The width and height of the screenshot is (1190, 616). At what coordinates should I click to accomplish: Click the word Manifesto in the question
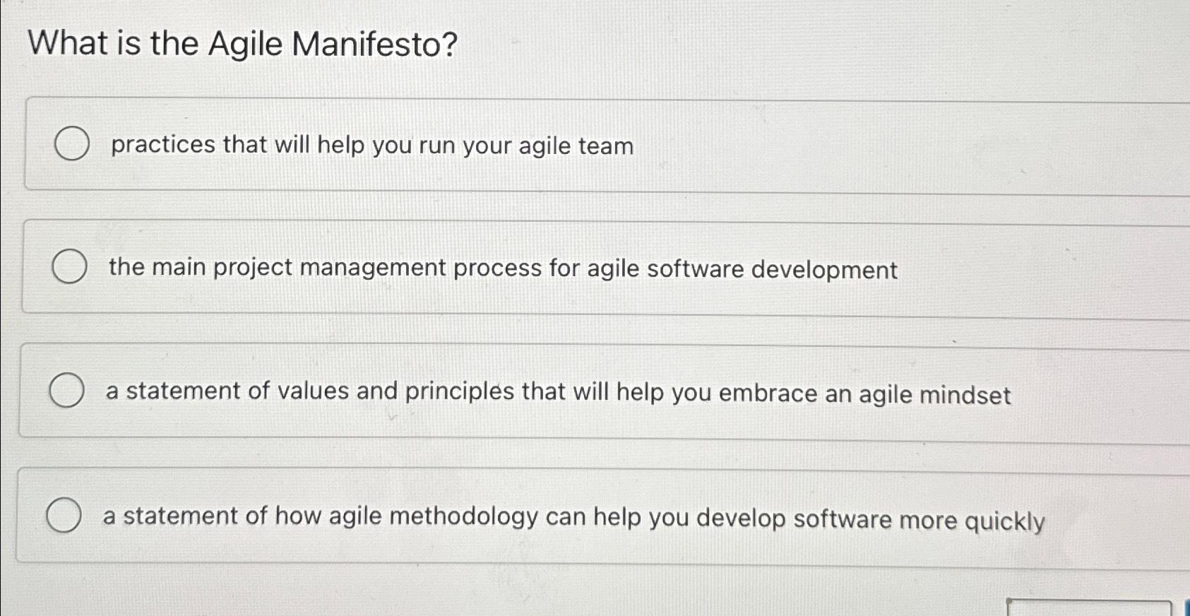coord(374,45)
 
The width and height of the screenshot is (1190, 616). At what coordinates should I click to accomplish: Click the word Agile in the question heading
coord(245,45)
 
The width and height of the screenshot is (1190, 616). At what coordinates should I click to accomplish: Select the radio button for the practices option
coord(72,144)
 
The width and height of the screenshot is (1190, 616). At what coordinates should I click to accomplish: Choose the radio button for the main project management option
coord(70,267)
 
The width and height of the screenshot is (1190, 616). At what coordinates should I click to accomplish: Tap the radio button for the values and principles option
coord(67,391)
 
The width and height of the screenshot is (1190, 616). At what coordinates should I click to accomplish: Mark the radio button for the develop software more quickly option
coord(64,514)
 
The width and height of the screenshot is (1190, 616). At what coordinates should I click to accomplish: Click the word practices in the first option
coord(163,145)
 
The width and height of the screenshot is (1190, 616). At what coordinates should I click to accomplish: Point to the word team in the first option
coord(605,146)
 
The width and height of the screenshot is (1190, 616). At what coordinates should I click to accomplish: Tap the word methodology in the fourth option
coord(464,516)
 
